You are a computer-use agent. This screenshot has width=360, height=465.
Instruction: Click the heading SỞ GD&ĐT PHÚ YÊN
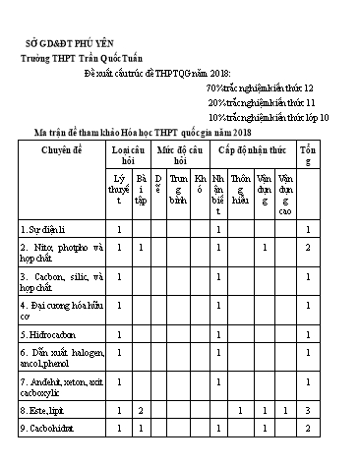(x=66, y=44)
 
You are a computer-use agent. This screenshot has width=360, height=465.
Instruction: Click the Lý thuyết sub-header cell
(x=120, y=188)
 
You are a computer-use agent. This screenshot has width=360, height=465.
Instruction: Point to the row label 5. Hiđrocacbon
(x=50, y=336)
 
